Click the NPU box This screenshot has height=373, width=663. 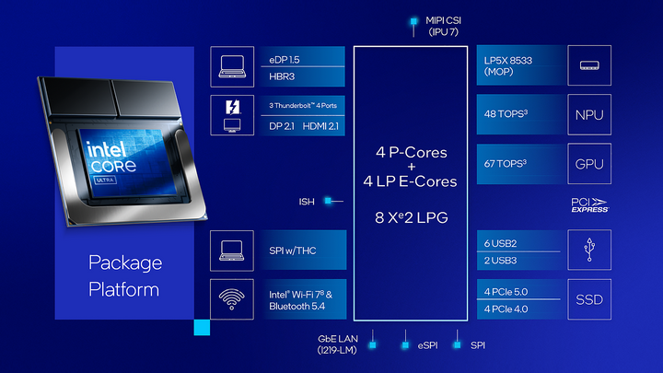point(589,115)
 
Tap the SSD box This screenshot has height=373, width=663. point(589,300)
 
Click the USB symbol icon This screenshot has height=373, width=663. point(589,250)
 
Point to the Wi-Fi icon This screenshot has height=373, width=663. point(232,299)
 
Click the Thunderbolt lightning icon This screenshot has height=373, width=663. point(232,106)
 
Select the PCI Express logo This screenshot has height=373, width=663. point(589,204)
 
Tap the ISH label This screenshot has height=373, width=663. point(307,200)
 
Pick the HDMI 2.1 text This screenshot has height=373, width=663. point(320,125)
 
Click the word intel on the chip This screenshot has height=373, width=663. point(109,148)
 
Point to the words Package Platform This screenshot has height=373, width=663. point(125,275)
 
